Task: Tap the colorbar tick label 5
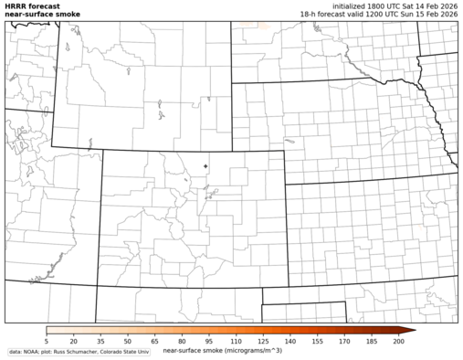(47, 340)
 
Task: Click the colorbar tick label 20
(73, 340)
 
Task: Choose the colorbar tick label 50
(127, 340)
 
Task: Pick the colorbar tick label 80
(182, 340)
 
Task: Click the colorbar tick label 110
(236, 340)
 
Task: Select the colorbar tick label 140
(289, 340)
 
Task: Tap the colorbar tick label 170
(344, 340)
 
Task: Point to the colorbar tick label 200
(398, 340)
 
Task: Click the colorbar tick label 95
(209, 340)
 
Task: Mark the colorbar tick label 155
(317, 340)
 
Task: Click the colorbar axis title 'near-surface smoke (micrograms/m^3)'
(222, 350)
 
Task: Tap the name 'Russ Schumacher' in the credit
(75, 352)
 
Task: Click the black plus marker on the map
(205, 165)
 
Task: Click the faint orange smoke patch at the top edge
(262, 24)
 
